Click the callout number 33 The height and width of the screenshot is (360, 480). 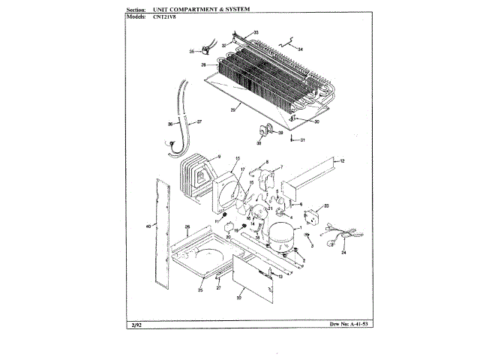(x=256, y=33)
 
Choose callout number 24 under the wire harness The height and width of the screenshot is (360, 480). (x=344, y=254)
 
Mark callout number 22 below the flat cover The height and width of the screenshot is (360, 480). (x=238, y=297)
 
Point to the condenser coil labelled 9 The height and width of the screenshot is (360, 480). (x=197, y=177)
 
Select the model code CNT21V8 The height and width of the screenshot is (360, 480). (x=154, y=16)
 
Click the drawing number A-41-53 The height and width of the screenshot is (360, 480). (x=345, y=325)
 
